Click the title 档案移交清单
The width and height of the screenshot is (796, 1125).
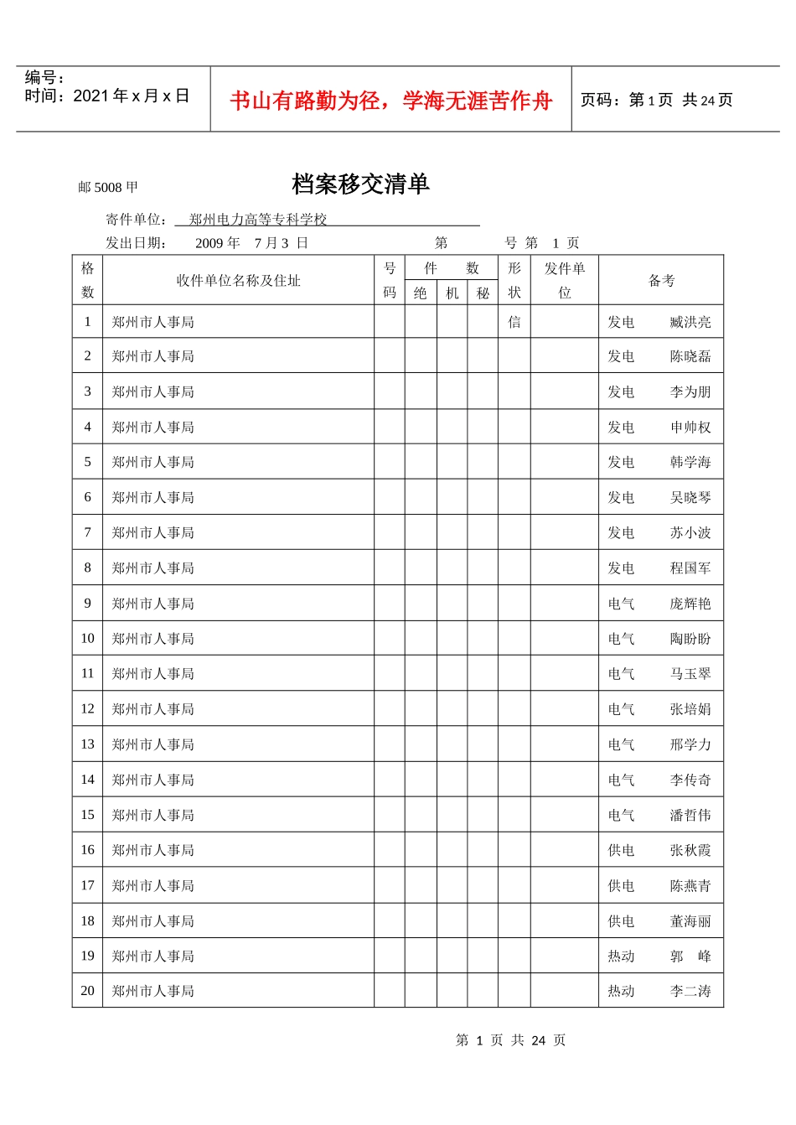click(x=360, y=184)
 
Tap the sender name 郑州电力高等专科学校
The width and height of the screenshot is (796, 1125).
click(x=258, y=220)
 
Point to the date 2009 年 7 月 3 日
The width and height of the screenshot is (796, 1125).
click(x=251, y=243)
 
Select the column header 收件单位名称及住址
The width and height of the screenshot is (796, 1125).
click(x=238, y=281)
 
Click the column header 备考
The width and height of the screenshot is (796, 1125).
click(x=661, y=281)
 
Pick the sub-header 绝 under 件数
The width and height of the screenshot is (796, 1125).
click(x=421, y=293)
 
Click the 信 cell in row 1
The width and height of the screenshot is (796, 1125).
click(x=514, y=322)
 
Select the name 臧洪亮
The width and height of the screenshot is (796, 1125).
click(x=690, y=322)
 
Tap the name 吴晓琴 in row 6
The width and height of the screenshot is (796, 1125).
click(x=690, y=498)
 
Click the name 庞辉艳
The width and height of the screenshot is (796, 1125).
click(x=690, y=604)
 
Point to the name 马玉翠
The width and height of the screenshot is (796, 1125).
click(x=690, y=674)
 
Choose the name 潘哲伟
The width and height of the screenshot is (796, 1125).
click(x=690, y=815)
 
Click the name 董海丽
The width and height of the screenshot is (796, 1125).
click(x=690, y=921)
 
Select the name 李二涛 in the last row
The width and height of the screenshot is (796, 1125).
click(x=690, y=991)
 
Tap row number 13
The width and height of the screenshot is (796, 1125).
click(x=87, y=744)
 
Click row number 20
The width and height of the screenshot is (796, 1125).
click(x=87, y=991)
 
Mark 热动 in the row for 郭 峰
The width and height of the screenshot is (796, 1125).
click(x=621, y=957)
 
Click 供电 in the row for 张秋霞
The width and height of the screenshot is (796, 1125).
click(x=621, y=850)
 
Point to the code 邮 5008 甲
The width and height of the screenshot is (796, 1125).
click(x=108, y=188)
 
